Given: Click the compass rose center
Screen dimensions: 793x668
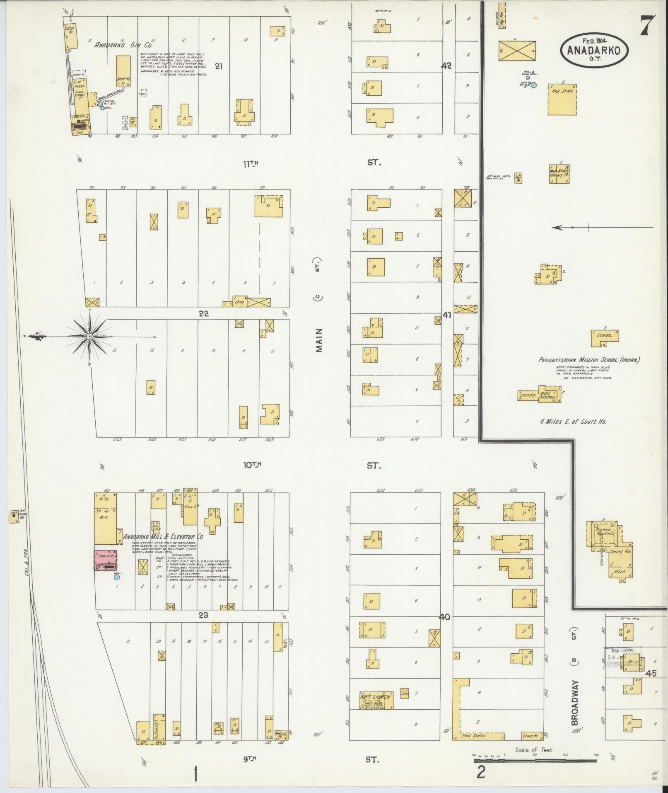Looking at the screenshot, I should click(89, 336).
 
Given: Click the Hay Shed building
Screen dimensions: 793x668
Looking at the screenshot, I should click(562, 99).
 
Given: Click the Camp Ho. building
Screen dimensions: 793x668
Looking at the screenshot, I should click(532, 735).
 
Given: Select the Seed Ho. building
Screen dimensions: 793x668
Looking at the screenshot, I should click(123, 71).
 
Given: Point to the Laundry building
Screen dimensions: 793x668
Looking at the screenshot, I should click(528, 395).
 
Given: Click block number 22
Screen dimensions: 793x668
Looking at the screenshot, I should click(203, 314).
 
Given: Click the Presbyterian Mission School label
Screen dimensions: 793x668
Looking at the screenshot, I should click(588, 360).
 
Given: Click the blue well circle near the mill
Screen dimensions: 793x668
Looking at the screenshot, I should click(117, 577).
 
